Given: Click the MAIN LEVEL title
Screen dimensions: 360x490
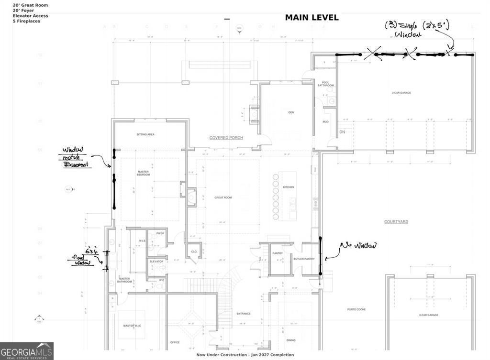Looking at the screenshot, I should point(312,18).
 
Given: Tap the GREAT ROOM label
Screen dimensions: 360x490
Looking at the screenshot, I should point(223,197).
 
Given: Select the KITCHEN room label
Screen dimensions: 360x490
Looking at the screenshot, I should point(288,187).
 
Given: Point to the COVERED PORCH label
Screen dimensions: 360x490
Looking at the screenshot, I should point(226,138).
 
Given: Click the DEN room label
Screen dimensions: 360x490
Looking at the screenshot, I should point(290,112).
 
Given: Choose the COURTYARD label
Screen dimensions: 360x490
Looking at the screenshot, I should point(396,222).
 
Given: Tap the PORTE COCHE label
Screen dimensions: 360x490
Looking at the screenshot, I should point(356,309).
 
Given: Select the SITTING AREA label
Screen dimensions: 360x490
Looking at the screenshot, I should point(145,135).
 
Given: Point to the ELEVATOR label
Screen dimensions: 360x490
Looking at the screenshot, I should point(156,262).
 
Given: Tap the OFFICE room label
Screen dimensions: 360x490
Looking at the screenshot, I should point(175,342).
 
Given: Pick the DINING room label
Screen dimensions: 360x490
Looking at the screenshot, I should point(290,340).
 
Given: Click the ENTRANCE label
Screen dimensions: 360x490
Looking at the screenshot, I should point(244,314).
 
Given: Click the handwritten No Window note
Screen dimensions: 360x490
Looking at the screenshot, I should point(358,246).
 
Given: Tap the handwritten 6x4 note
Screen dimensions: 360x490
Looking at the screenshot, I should point(92,251).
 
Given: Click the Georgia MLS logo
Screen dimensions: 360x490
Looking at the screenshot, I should point(26,351).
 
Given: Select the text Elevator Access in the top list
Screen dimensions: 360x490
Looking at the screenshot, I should point(30,16).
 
